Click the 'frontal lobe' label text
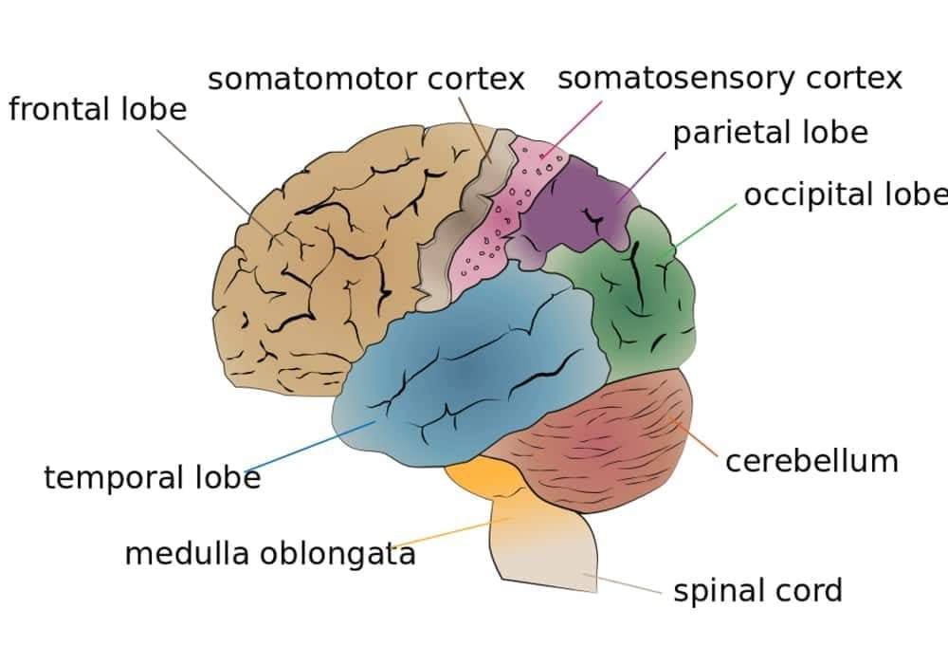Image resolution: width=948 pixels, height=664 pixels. [x=98, y=109]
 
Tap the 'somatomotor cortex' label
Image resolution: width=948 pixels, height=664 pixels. [x=366, y=79]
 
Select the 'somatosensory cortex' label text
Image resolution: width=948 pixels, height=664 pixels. [x=729, y=78]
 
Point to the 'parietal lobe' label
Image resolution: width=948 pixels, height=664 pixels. [x=770, y=133]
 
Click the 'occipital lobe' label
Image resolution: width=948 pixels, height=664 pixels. [x=844, y=194]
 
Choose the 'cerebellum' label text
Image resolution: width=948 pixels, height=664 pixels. [x=811, y=461]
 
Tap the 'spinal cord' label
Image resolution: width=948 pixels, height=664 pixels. [x=757, y=591]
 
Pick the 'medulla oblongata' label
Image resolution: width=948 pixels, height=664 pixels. [x=270, y=553]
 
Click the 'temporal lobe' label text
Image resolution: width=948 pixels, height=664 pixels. [x=152, y=477]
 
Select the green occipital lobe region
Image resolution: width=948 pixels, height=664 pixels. [x=645, y=304]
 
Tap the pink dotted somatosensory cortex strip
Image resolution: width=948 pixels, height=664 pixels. [x=493, y=228]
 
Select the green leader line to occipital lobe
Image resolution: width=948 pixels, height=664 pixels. [x=706, y=225]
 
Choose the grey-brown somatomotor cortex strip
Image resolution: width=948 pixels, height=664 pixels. [x=455, y=228]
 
